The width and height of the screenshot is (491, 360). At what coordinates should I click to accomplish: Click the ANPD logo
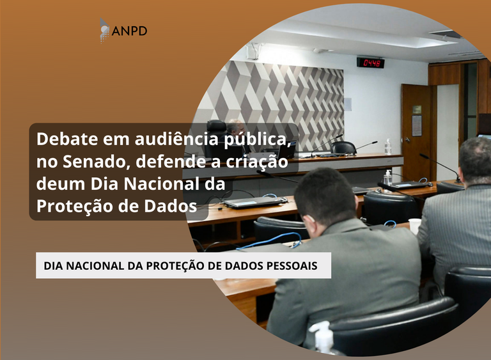click(x=123, y=30)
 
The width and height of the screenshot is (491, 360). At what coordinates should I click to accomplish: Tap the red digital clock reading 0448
click(x=370, y=63)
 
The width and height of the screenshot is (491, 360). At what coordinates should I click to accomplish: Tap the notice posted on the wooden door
click(x=417, y=125)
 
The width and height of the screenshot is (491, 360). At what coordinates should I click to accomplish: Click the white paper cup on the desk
click(x=414, y=226)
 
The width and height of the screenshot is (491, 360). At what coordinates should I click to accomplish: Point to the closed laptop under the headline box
click(x=254, y=202)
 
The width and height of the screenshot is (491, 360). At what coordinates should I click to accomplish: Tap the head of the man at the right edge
click(x=476, y=160)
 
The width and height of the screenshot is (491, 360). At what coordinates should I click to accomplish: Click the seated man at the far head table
click(x=236, y=131)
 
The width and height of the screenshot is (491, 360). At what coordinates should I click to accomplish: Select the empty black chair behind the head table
click(x=343, y=148)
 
